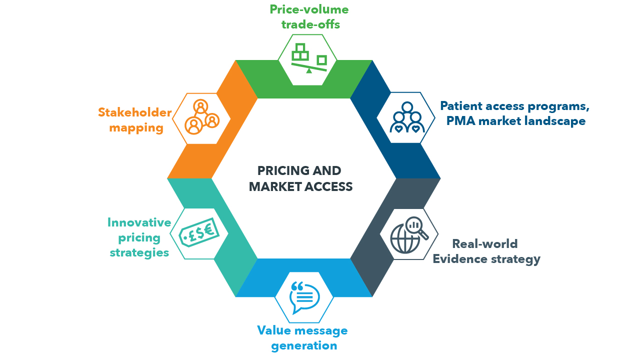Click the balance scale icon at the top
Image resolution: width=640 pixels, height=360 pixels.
click(x=308, y=59)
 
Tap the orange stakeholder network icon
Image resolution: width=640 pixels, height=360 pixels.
click(x=201, y=118)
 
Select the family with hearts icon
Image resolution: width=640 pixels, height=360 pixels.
click(x=406, y=118)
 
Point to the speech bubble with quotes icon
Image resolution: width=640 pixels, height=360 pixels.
click(x=304, y=297)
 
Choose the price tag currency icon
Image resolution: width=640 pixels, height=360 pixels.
click(x=198, y=233)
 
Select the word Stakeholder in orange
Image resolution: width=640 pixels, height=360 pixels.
click(x=135, y=112)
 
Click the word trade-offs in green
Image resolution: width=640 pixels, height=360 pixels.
click(x=310, y=24)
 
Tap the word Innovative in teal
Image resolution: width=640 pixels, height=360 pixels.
click(x=139, y=222)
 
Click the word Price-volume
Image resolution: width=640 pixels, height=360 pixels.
click(x=309, y=9)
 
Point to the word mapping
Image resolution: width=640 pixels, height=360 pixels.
click(x=136, y=128)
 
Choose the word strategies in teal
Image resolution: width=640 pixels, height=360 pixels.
click(x=139, y=252)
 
